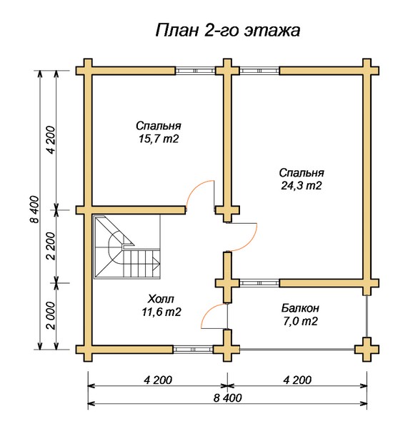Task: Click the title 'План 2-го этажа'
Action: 228,30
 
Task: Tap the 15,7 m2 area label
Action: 159,139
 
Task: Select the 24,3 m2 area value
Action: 302,185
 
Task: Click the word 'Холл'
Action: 161,299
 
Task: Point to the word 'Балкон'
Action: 300,308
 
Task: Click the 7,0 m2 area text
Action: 300,321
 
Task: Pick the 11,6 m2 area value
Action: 161,312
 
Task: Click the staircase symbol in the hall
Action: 127,247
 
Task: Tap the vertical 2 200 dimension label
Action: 51,246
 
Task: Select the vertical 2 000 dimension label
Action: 51,315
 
